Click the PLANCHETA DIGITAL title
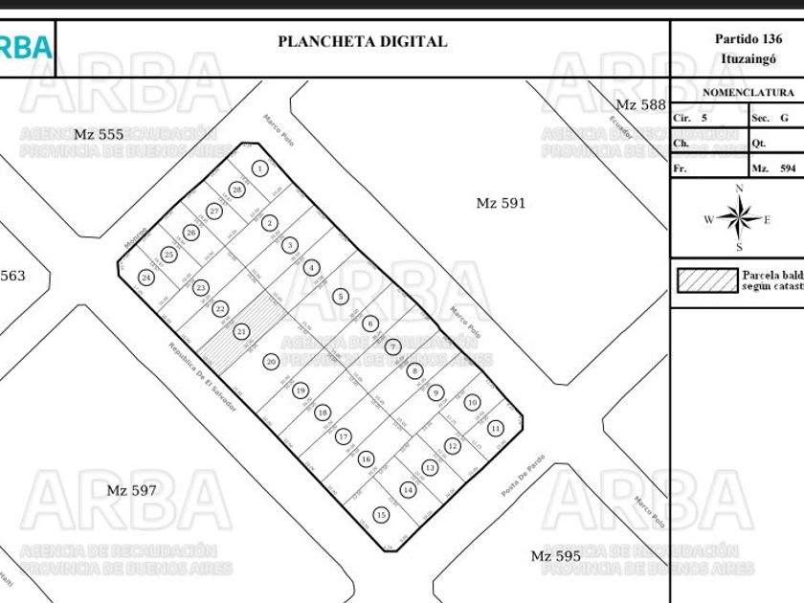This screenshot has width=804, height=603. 362,41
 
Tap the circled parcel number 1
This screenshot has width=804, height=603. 259,168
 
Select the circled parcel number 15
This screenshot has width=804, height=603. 381,515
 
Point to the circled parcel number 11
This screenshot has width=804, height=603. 496,428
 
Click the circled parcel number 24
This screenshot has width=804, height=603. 146,278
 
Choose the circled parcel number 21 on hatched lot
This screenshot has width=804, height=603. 242,331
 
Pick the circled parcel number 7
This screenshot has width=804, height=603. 393,346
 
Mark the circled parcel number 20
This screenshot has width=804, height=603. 272,362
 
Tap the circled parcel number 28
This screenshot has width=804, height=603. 236,190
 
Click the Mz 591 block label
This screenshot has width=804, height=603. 501,203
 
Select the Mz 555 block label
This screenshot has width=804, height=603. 99,134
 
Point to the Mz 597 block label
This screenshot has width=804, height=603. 131,490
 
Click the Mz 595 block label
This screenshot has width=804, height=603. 555,556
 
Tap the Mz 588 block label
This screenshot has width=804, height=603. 640,104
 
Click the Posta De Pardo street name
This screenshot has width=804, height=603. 523,476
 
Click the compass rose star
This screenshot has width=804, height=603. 738,219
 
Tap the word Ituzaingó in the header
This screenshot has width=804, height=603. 748,58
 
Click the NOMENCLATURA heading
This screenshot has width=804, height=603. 748,93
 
